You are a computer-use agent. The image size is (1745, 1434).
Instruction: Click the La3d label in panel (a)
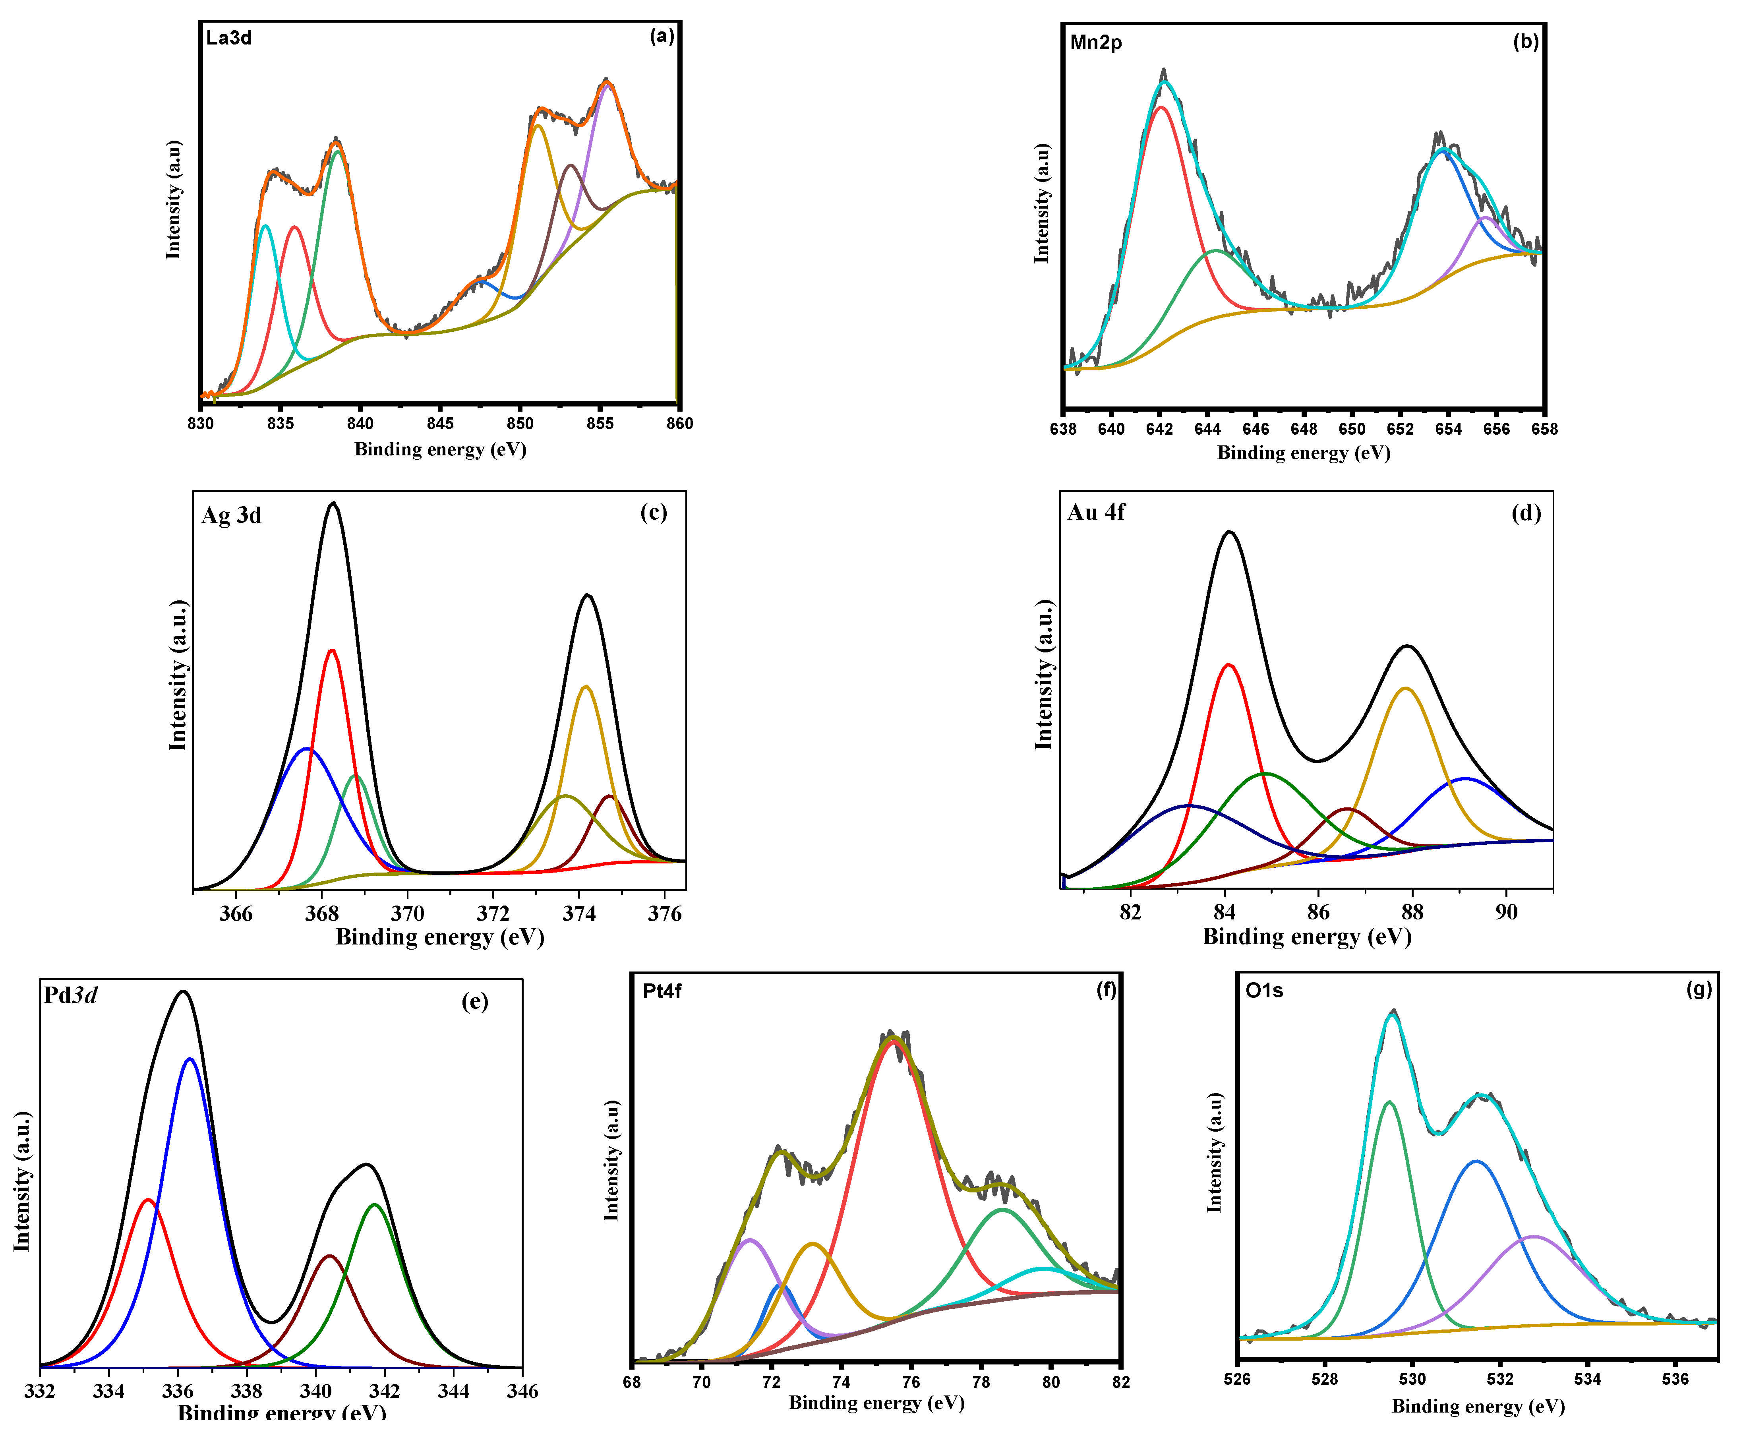coord(229,38)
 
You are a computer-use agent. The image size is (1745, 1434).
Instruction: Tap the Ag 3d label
coord(231,515)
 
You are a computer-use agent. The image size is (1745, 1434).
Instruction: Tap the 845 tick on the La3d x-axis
coord(440,424)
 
